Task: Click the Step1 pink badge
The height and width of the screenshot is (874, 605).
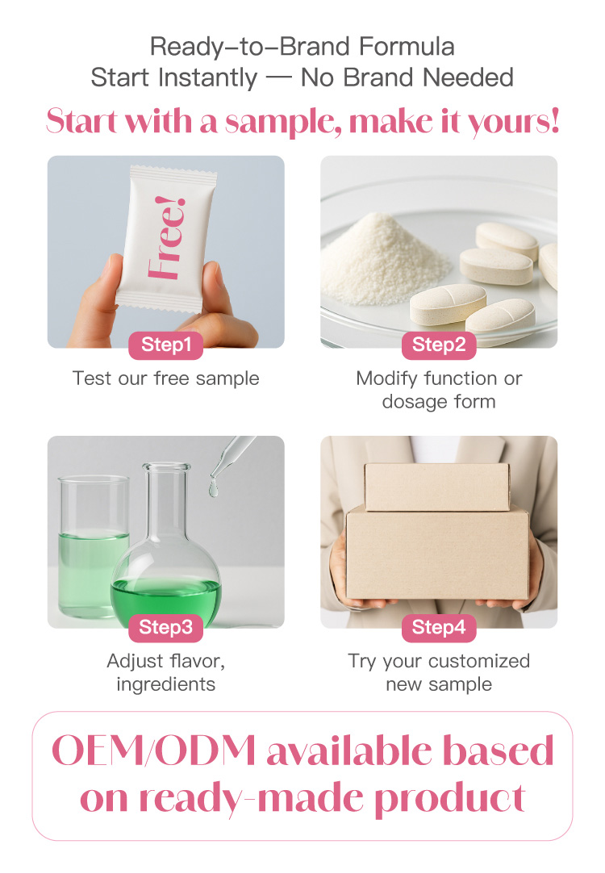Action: pos(165,345)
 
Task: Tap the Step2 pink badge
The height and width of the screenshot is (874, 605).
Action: pos(439,345)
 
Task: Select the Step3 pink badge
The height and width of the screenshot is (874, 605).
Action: pos(165,627)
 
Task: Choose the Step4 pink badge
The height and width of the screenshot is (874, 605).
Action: pos(439,627)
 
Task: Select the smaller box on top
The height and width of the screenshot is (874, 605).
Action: pos(436,486)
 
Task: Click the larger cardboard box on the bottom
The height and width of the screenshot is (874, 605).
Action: pos(437,553)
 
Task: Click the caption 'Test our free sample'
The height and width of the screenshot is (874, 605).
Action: pos(165,378)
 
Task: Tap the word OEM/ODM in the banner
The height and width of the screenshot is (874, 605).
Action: pos(153,751)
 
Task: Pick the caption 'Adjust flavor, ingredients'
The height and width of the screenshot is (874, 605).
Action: pos(165,672)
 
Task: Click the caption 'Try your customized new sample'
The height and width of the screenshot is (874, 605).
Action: pos(439,672)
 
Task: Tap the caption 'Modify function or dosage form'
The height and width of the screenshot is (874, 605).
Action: pos(439,390)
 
